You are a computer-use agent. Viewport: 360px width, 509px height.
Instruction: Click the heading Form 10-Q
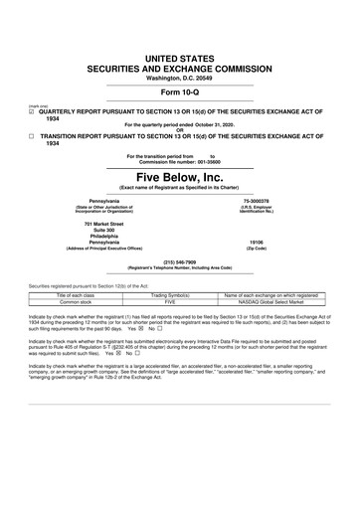(179, 66)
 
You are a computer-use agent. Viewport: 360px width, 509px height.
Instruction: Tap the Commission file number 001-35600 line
(179, 161)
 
